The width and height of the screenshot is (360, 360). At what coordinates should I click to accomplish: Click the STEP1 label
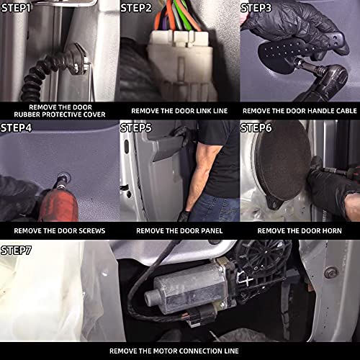coord(16,8)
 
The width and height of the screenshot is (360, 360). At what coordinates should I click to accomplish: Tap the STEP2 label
coord(136,8)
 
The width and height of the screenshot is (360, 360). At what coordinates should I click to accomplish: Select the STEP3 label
coord(256,8)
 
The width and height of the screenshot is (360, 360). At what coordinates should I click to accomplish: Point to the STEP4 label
coord(16,128)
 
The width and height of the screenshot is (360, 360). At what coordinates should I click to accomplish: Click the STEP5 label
coord(136,128)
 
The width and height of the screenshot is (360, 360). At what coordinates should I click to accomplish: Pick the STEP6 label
coord(256,128)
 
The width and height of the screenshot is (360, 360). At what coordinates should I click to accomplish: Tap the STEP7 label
coord(16,251)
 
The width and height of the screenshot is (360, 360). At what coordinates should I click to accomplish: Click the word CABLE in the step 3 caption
coord(346,111)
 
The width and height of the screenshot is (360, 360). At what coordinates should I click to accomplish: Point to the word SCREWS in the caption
coord(92,231)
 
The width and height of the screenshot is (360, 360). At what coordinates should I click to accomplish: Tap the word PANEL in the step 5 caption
coord(212,231)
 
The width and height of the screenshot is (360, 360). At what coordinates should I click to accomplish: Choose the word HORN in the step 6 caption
coord(332,231)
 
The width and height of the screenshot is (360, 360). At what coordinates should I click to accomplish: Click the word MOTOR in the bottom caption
coord(164,351)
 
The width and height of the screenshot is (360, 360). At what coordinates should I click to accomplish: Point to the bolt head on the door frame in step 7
coord(330,272)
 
